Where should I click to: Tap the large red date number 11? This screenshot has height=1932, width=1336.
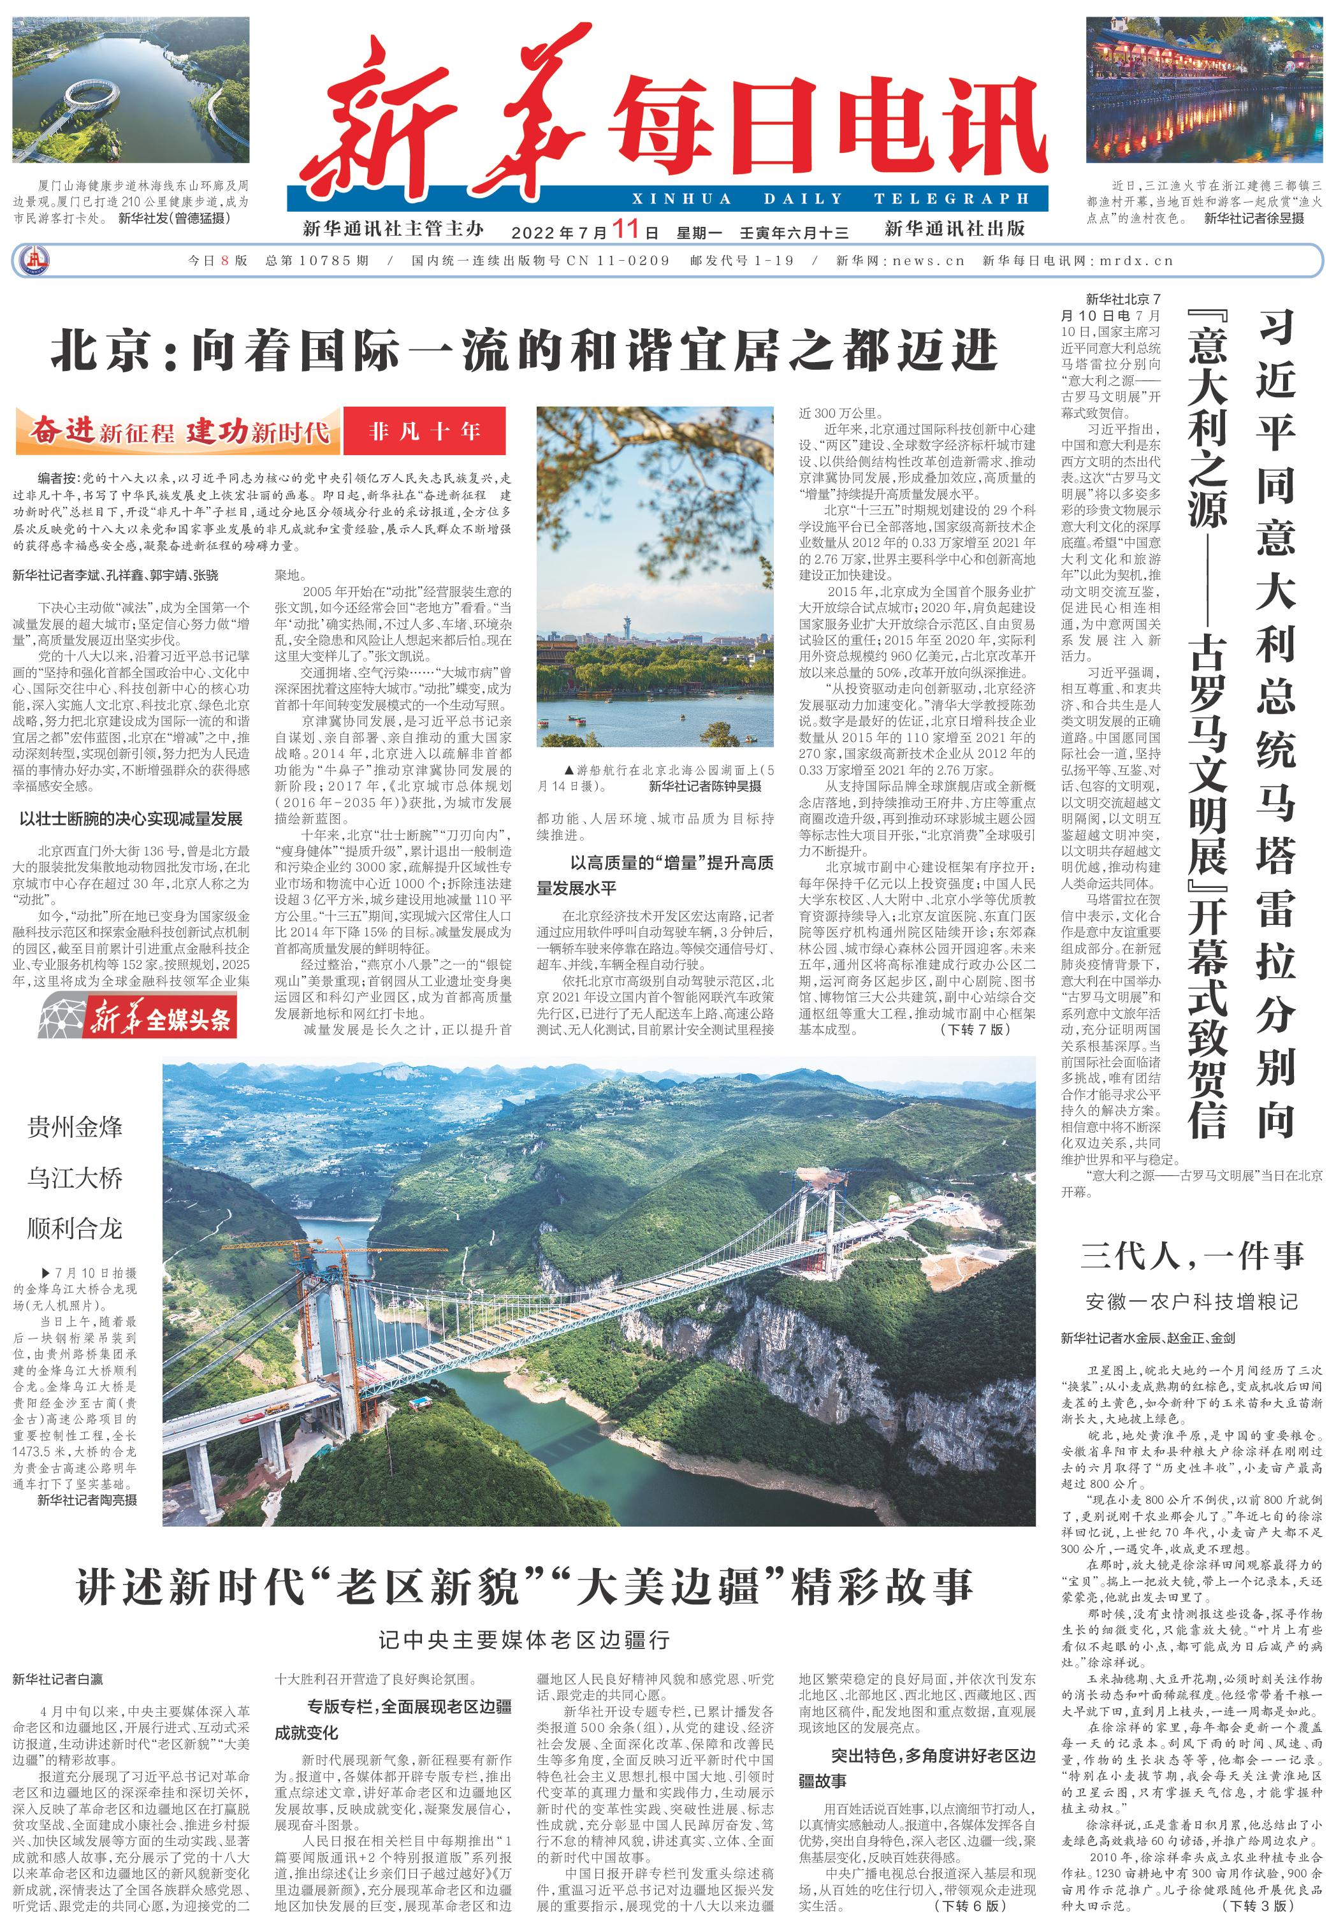[x=625, y=229]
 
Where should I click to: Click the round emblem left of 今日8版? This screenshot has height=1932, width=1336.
[x=34, y=260]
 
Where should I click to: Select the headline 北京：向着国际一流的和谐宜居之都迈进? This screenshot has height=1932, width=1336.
[x=524, y=350]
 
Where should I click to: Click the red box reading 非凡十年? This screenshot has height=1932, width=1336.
[x=425, y=431]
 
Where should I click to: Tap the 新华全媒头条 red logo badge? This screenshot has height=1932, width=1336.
[x=138, y=1019]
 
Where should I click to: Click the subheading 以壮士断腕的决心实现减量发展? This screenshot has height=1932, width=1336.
[x=131, y=818]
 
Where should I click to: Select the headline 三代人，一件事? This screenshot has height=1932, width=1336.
[x=1192, y=1256]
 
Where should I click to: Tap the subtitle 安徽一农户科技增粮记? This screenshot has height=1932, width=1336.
[x=1192, y=1301]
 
